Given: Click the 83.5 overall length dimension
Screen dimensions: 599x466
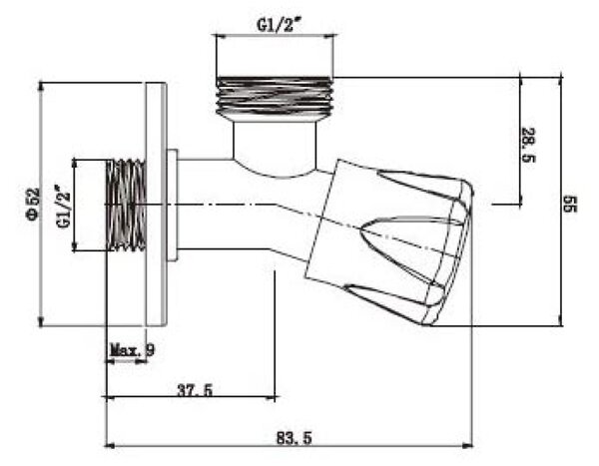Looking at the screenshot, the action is tap(295, 438).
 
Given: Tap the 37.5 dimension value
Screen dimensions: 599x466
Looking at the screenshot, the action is tap(195, 390).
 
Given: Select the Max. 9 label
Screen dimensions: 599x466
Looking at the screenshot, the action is tap(132, 349).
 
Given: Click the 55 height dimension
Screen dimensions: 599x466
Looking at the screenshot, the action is tap(570, 204).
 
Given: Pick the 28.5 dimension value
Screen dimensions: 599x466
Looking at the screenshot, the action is tap(529, 145).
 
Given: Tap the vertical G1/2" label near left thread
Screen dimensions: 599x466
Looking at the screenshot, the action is tap(64, 207).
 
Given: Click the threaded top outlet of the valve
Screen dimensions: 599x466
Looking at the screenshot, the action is tap(274, 97).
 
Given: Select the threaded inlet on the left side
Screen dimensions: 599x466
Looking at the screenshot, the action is tap(126, 206).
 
